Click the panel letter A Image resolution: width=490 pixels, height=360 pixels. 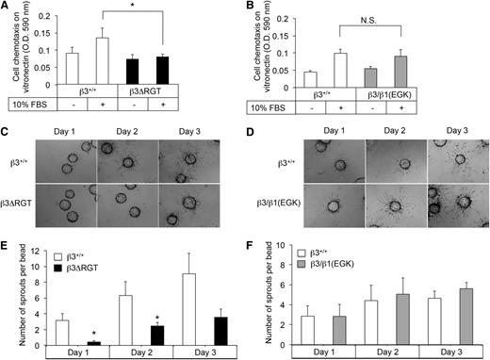pos(7,8)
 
